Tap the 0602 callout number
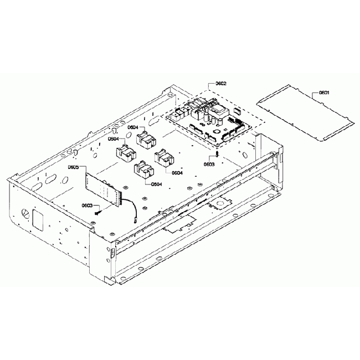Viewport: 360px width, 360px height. tap(220, 84)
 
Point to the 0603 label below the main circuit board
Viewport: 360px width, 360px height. tap(209, 164)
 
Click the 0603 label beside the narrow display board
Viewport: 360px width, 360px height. tap(86, 205)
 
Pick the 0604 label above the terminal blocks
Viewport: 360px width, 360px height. tap(132, 127)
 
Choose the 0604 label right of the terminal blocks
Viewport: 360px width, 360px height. tap(177, 173)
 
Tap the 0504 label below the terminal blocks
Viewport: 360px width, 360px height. tap(156, 184)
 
